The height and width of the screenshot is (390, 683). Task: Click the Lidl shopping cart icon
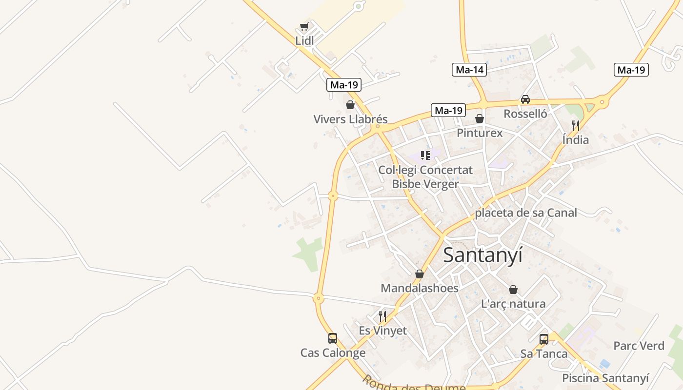tap(304, 27)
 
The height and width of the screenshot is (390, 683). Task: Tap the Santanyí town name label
tap(482, 255)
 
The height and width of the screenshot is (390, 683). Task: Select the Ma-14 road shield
tap(470, 70)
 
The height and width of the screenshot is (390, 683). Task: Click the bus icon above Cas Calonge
tap(333, 338)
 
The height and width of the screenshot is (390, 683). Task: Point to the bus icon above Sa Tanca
tap(544, 339)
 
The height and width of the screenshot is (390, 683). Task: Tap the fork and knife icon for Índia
tap(576, 126)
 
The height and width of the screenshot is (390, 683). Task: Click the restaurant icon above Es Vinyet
tap(382, 316)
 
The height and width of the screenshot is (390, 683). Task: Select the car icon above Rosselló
tap(525, 99)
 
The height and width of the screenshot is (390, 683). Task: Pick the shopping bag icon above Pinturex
tap(480, 118)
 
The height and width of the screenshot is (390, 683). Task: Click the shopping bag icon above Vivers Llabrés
tap(350, 105)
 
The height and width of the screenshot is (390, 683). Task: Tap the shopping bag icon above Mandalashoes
tap(419, 274)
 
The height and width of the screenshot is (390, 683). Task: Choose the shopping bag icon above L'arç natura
tap(513, 290)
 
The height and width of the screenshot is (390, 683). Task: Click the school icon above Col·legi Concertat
tap(425, 156)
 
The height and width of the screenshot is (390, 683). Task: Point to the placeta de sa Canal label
tap(526, 213)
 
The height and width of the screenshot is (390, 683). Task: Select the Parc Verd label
tap(639, 346)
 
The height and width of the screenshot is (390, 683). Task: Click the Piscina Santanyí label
tap(605, 378)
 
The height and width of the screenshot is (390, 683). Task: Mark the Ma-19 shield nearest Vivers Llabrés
tap(343, 85)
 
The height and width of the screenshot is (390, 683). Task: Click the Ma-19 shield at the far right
tap(631, 70)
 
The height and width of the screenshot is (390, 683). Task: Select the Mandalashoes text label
tap(420, 288)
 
